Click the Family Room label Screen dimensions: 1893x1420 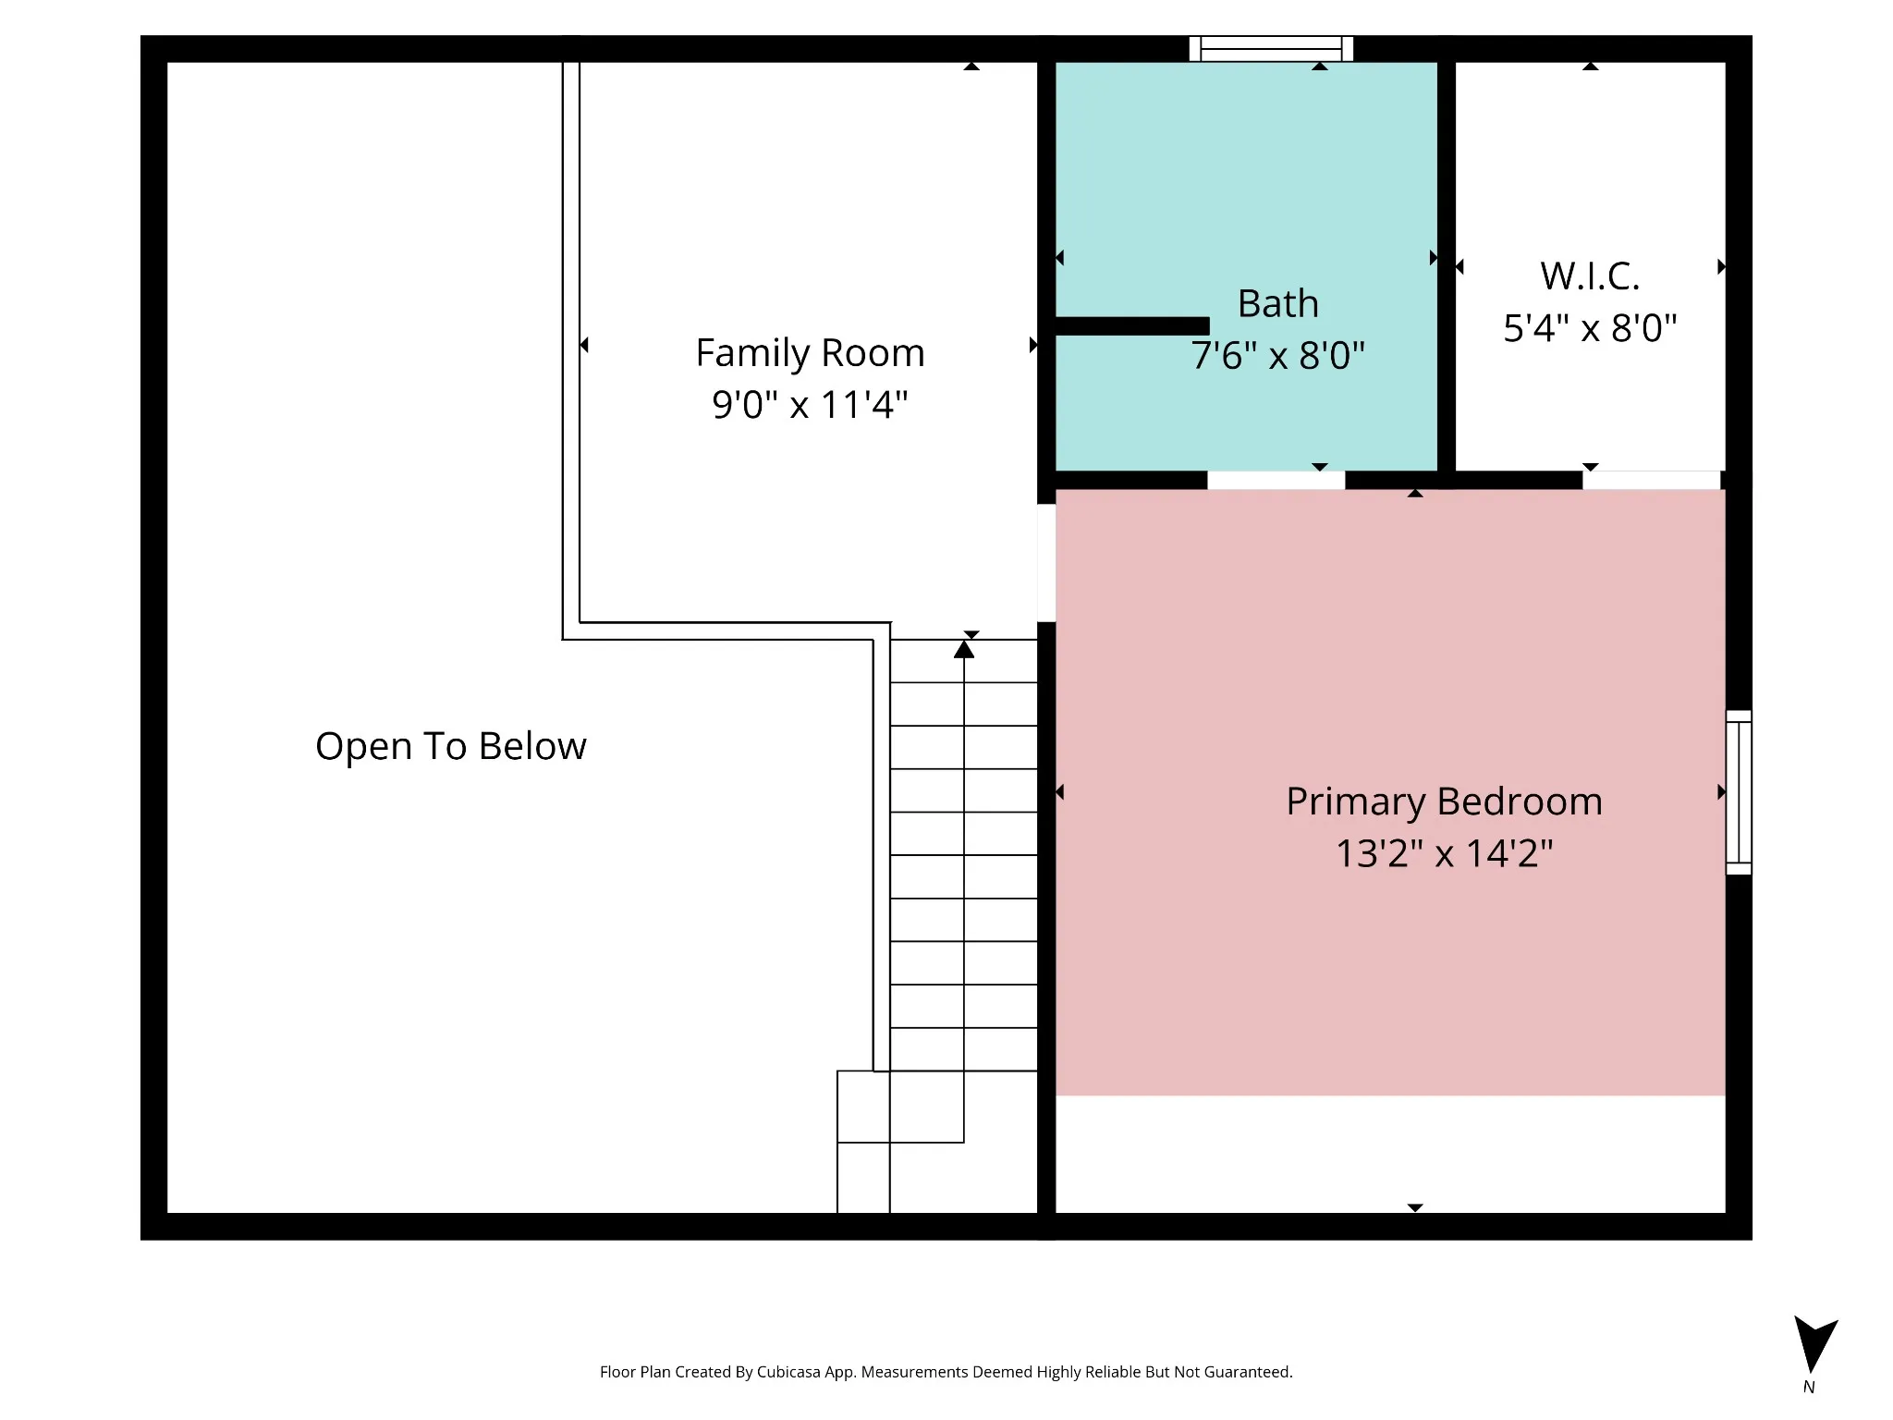click(810, 353)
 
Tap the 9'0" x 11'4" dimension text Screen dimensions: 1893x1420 click(810, 405)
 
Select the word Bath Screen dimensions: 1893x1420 click(1277, 304)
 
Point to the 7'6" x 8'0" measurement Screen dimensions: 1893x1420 click(1277, 356)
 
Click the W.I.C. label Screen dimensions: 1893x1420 click(1590, 276)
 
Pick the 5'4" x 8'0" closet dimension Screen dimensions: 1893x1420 click(1590, 328)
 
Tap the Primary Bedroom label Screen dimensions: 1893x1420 click(1444, 802)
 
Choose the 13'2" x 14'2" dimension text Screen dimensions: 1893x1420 click(1444, 853)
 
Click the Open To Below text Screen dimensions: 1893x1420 click(451, 747)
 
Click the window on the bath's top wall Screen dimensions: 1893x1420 click(1271, 48)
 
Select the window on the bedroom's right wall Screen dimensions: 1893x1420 click(1739, 792)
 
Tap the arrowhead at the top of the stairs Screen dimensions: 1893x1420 click(964, 649)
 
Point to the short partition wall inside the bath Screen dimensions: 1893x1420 click(1132, 325)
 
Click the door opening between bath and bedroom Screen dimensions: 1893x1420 click(1276, 480)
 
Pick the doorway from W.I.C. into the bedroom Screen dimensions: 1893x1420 click(1652, 480)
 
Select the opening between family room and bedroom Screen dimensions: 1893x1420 click(1046, 563)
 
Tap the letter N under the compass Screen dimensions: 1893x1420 click(1809, 1388)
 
